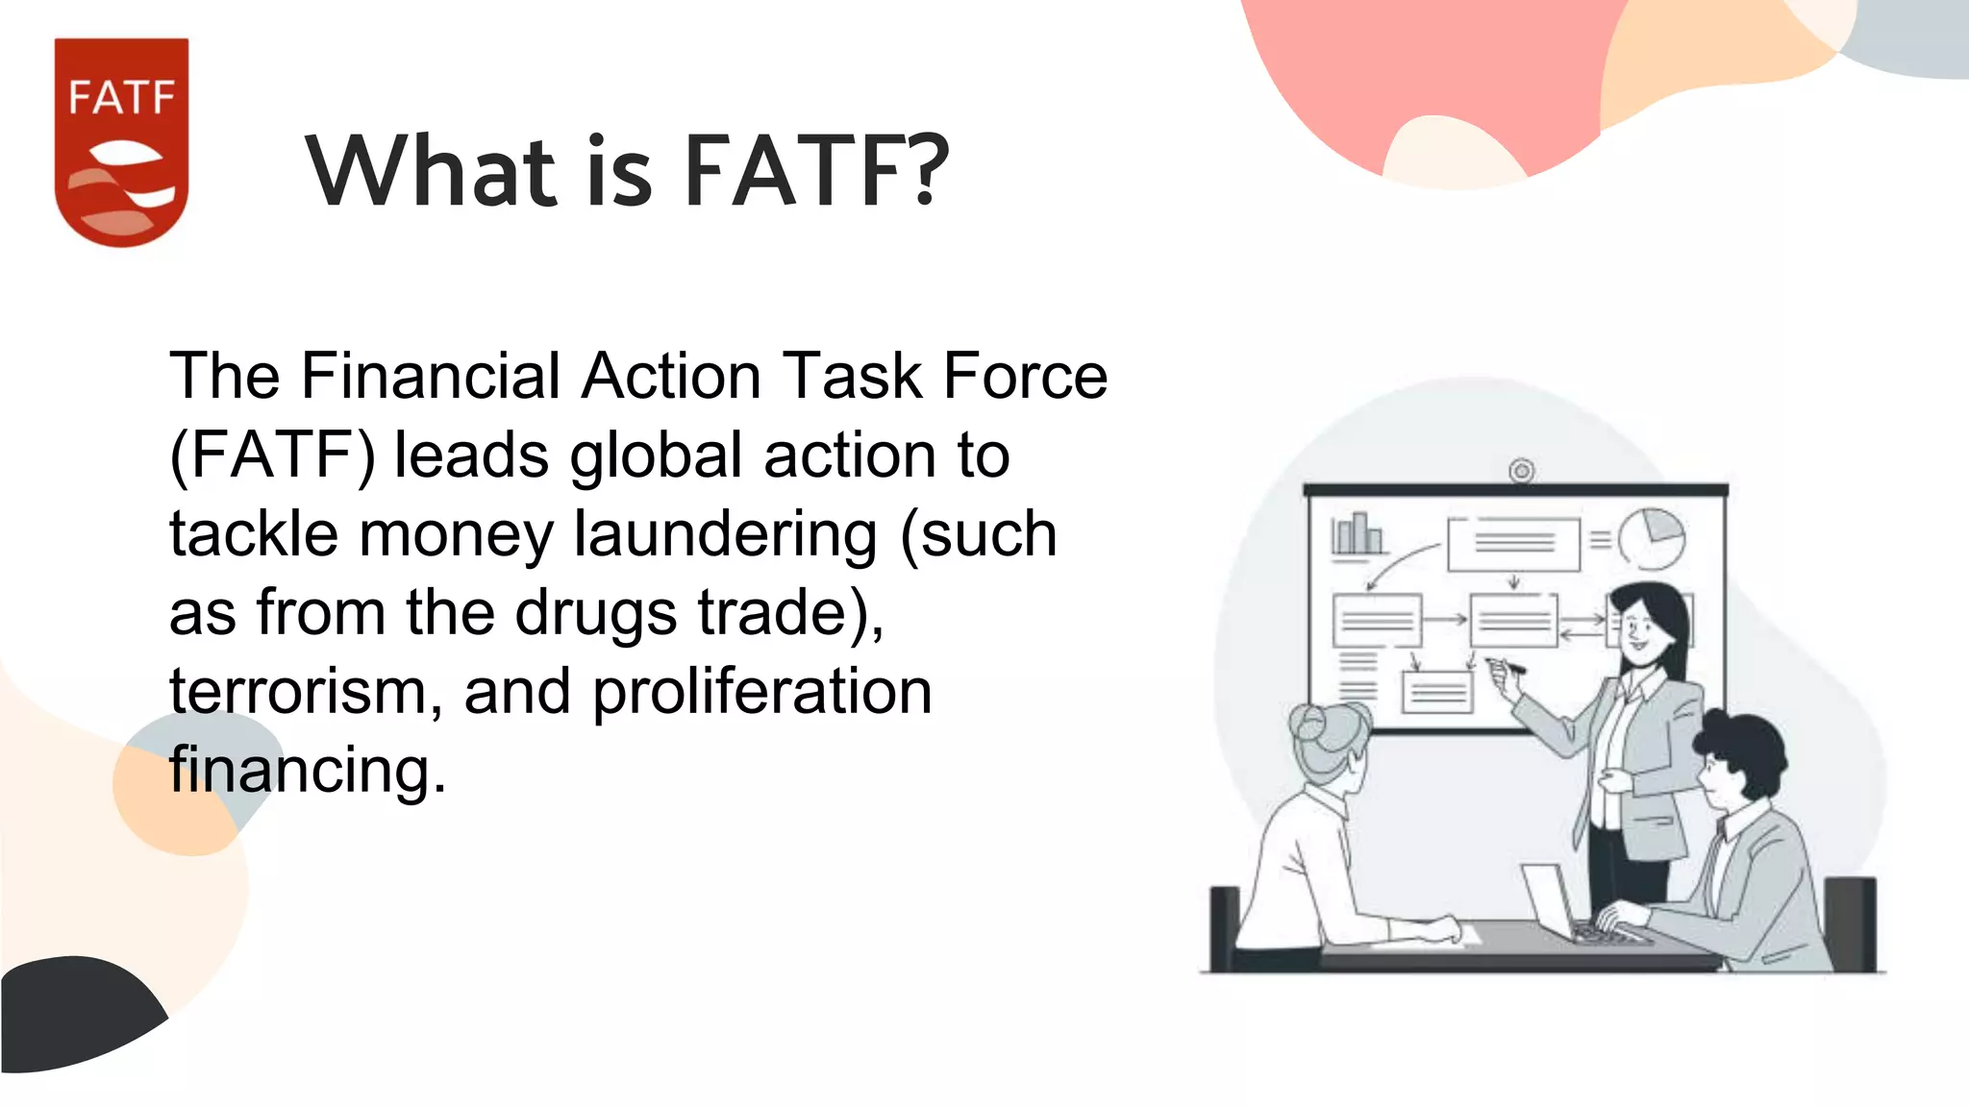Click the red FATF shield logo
(x=121, y=141)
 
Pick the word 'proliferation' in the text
(x=761, y=691)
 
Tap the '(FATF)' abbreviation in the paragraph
(x=272, y=455)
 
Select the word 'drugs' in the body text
(x=596, y=612)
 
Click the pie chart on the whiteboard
(x=1651, y=538)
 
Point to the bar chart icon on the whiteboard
(x=1357, y=534)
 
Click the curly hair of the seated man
(x=1742, y=746)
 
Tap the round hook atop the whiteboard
(x=1521, y=471)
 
